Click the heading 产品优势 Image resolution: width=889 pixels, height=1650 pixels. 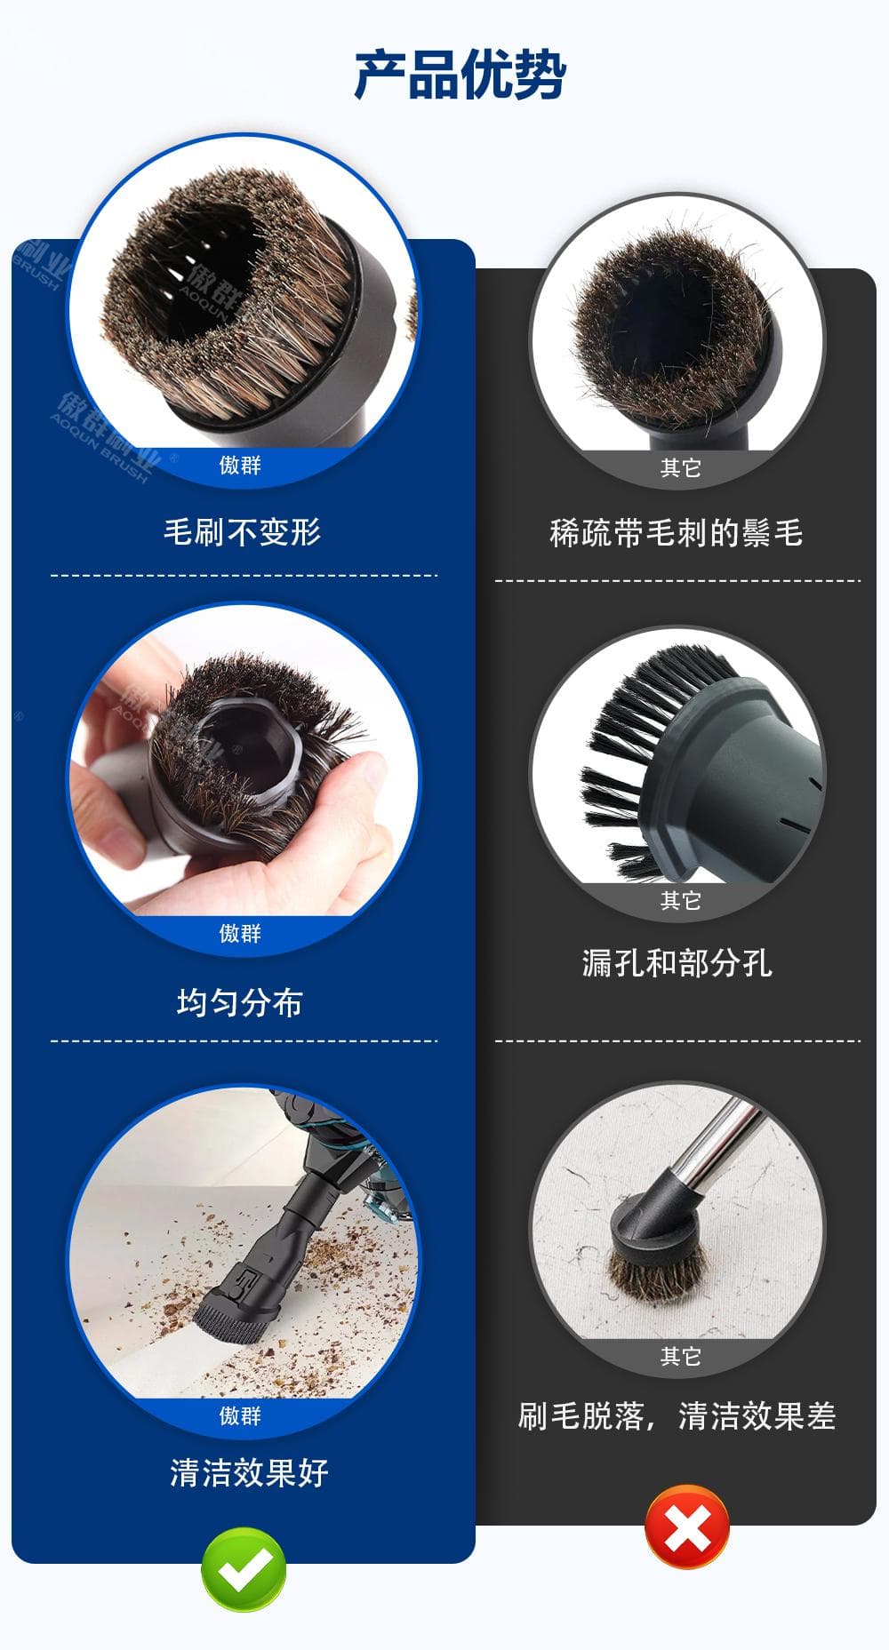click(x=460, y=74)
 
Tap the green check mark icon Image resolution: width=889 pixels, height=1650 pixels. click(x=244, y=1569)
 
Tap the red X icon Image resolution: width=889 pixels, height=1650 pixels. click(x=687, y=1526)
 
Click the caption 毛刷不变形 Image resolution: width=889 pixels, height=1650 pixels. click(x=242, y=531)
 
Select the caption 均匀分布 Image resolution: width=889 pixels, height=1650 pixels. click(x=240, y=1002)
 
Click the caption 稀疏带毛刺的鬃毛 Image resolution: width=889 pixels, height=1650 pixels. click(x=677, y=532)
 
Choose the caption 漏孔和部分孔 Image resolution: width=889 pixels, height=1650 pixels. click(x=677, y=962)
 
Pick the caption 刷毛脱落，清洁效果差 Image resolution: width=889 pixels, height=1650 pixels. click(x=677, y=1415)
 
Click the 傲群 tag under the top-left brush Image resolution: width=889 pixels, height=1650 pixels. click(x=240, y=465)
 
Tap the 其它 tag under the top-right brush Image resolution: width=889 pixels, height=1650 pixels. click(x=681, y=467)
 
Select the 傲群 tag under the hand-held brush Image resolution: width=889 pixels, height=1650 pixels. click(x=240, y=933)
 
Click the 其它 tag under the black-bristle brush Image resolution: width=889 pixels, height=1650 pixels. click(x=681, y=900)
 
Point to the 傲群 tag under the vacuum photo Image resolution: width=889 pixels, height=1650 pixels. click(x=240, y=1415)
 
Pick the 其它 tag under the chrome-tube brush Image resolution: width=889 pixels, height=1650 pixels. click(x=681, y=1356)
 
